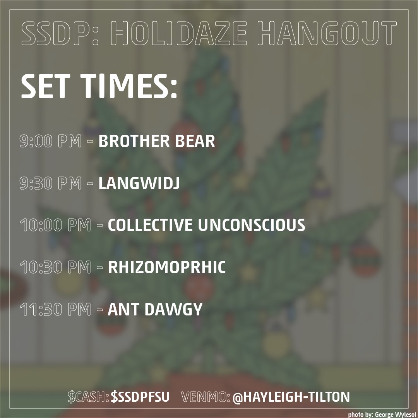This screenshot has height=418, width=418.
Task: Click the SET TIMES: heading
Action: pyautogui.click(x=99, y=88)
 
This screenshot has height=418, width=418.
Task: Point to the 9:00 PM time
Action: pyautogui.click(x=50, y=142)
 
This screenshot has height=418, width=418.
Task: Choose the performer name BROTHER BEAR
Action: pyautogui.click(x=157, y=142)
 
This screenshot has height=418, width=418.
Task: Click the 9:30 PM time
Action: pyautogui.click(x=50, y=184)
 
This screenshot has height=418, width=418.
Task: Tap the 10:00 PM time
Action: pyautogui.click(x=55, y=226)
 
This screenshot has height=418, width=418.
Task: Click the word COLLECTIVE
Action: pyautogui.click(x=151, y=226)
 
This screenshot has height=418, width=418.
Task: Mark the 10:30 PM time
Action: pyautogui.click(x=55, y=268)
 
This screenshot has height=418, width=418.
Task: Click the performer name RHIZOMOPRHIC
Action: pyautogui.click(x=167, y=268)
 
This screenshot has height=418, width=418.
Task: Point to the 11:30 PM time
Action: pyautogui.click(x=55, y=310)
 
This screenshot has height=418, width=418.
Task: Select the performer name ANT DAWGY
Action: pyautogui.click(x=155, y=310)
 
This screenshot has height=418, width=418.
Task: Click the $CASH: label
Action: pyautogui.click(x=88, y=397)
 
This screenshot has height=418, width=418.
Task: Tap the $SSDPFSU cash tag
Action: pyautogui.click(x=140, y=397)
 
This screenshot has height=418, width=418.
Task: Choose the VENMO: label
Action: pyautogui.click(x=206, y=397)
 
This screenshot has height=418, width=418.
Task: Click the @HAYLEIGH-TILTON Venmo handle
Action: pyautogui.click(x=291, y=397)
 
